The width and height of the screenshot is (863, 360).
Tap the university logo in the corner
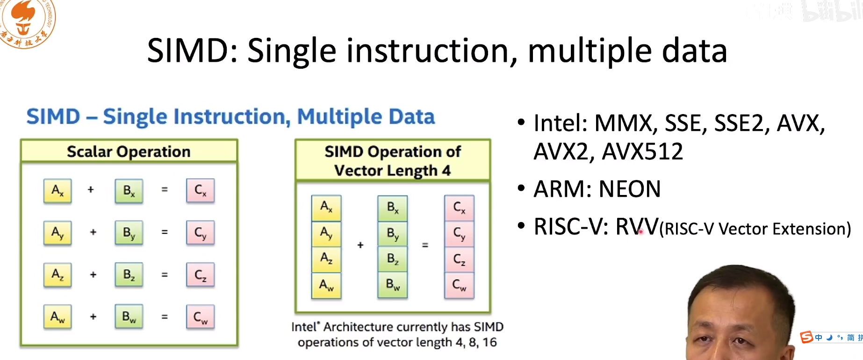point(26,21)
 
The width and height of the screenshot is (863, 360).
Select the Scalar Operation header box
point(129,151)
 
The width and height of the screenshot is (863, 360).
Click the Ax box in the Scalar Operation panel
point(58,191)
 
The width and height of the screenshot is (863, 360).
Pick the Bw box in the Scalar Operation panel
point(129,317)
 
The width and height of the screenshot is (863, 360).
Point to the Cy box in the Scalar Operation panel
point(200,233)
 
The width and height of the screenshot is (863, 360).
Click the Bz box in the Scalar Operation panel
point(129,275)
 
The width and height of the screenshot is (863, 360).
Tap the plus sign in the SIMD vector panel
point(360,245)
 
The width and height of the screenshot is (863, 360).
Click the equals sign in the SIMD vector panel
point(425,245)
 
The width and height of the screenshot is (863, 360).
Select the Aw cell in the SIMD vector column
point(326,285)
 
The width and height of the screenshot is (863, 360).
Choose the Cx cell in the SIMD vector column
point(459,208)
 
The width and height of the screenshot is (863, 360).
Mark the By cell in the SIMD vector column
point(393,233)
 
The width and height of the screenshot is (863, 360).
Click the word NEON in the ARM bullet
point(630,189)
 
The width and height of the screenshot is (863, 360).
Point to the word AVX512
point(642,151)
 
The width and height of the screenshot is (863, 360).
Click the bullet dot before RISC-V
point(521,226)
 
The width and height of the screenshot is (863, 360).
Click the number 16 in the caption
point(489,343)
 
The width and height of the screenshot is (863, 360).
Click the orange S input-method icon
point(806,337)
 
